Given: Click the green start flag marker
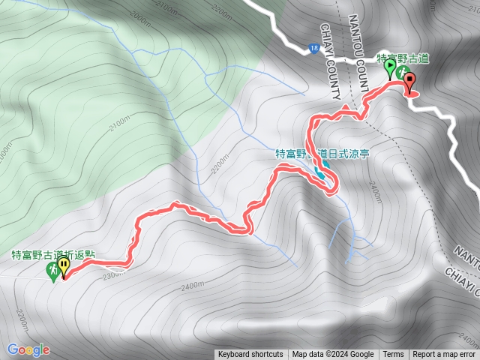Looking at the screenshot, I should (390, 68).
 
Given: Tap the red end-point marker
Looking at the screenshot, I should (409, 83).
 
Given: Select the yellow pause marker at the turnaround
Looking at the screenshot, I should (64, 266).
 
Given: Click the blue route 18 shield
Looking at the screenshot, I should (311, 49).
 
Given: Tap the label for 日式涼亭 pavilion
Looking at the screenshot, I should (322, 154).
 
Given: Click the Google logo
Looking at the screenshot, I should (28, 349).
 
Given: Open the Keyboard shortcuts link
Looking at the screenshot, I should (250, 355).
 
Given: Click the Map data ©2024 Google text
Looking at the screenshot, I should (333, 355).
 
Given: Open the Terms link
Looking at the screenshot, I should (393, 355).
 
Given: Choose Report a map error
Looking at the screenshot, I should (445, 355).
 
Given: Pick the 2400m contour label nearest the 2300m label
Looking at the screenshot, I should (193, 286).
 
